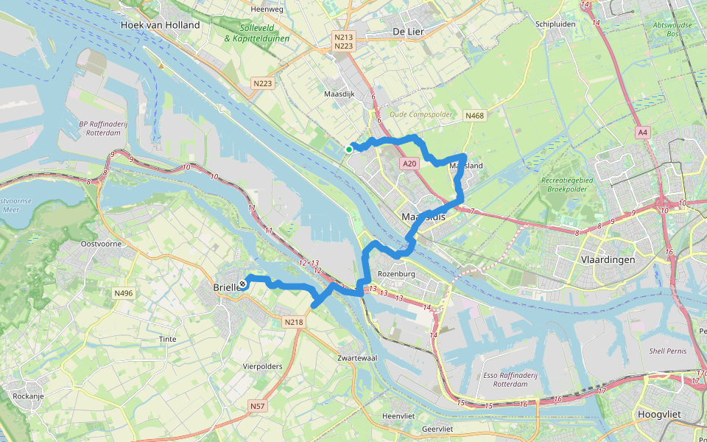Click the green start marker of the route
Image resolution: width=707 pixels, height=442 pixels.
[x=349, y=150]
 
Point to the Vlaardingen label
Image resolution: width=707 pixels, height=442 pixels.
[x=608, y=260]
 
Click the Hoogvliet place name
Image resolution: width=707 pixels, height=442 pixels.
[x=660, y=414]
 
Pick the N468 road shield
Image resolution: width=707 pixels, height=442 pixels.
[x=474, y=116]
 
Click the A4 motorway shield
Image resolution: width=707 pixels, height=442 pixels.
[x=644, y=133]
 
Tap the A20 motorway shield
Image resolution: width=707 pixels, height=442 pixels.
[x=410, y=164]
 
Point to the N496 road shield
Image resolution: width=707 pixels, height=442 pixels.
[x=124, y=293]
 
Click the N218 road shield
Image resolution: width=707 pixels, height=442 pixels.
[x=294, y=322]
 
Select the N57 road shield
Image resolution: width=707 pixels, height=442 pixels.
[x=257, y=406]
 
